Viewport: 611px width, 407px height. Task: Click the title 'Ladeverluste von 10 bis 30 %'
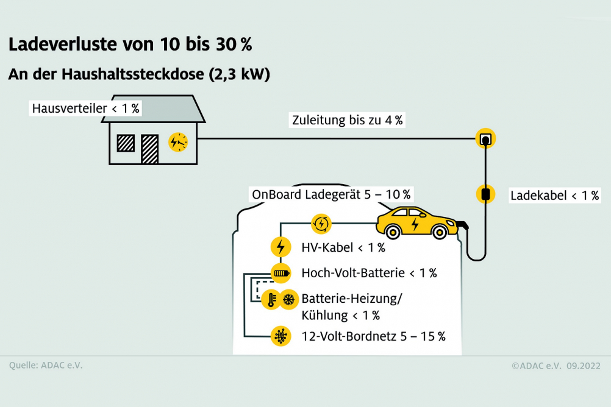tap(130, 44)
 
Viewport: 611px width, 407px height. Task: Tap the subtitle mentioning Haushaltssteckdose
tap(139, 74)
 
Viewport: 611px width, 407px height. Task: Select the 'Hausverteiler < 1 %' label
tap(86, 108)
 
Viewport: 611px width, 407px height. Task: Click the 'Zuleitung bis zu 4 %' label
tap(347, 120)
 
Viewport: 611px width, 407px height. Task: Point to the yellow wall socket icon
tap(485, 138)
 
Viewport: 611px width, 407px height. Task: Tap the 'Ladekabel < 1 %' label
tap(554, 196)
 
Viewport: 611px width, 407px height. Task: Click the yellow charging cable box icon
tap(485, 194)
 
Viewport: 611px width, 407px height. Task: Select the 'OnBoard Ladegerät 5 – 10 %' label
tap(331, 194)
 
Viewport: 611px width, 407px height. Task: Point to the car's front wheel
tap(440, 233)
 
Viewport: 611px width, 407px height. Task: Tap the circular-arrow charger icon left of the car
tap(321, 224)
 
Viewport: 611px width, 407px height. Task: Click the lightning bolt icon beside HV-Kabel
tap(280, 247)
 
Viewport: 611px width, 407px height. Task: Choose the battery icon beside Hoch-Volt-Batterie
tap(280, 273)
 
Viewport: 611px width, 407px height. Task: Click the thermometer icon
tap(271, 300)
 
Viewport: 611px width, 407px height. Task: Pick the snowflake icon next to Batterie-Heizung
tap(289, 300)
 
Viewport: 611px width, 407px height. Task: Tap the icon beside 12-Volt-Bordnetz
tap(280, 336)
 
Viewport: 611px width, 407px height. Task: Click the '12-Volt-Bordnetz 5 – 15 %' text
tap(373, 336)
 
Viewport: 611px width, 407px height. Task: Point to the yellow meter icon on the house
tap(178, 142)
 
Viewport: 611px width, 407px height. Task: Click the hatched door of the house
tap(149, 149)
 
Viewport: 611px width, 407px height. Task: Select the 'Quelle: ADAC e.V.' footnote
tap(46, 366)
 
